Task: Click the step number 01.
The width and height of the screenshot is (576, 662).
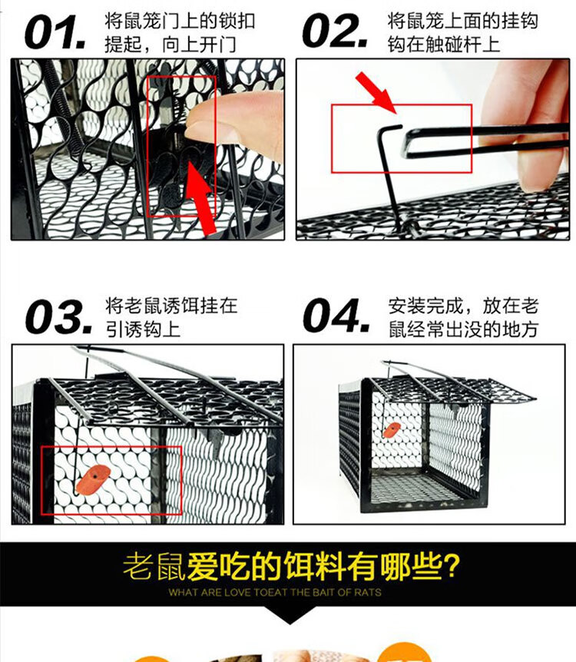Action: [x=55, y=32]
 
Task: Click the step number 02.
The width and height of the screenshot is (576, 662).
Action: [x=334, y=31]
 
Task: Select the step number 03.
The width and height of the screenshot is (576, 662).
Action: [x=58, y=317]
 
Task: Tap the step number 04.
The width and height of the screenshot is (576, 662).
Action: [x=336, y=316]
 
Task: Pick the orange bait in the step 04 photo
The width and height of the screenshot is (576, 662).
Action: [x=391, y=430]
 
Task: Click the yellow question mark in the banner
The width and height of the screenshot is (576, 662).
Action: [x=451, y=565]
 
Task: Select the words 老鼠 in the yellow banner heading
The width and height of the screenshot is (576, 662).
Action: [x=154, y=566]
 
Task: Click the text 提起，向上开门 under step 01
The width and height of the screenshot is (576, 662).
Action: [x=170, y=45]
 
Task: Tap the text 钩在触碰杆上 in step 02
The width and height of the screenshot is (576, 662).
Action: [x=444, y=45]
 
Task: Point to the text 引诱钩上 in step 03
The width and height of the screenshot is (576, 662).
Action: [x=143, y=329]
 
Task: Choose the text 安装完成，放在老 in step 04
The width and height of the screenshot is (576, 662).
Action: [x=463, y=306]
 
